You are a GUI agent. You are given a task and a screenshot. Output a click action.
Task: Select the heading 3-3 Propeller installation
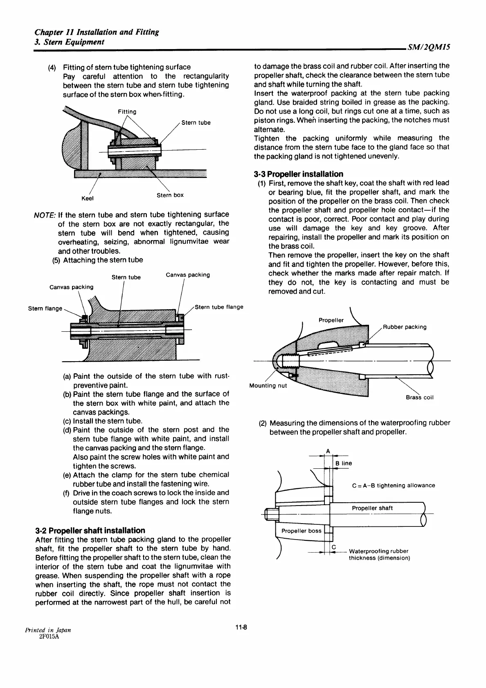[x=298, y=174]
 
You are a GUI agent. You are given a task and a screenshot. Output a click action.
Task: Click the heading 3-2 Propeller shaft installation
[x=90, y=531]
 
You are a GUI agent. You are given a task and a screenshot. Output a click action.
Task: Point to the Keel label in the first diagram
[x=88, y=198]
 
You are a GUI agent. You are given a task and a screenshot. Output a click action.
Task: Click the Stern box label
[x=170, y=195]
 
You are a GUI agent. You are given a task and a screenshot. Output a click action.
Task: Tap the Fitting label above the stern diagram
[x=127, y=112]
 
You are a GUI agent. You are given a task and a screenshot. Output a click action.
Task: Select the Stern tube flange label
[x=219, y=307]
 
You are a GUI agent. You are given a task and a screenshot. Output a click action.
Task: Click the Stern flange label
[x=45, y=308]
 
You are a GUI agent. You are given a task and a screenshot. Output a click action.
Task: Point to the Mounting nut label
[x=268, y=386]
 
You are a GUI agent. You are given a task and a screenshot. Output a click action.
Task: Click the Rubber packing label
[x=405, y=327]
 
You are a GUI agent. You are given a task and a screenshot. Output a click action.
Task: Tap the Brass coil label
[x=419, y=397]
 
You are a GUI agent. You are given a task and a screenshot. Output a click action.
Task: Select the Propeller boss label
[x=301, y=531]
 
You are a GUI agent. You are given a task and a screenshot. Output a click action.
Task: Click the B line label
[x=344, y=463]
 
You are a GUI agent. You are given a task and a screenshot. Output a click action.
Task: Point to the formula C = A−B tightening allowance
[x=393, y=486]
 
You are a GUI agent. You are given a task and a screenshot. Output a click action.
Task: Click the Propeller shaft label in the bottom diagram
[x=372, y=508]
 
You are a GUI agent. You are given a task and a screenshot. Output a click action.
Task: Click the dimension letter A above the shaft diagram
[x=328, y=451]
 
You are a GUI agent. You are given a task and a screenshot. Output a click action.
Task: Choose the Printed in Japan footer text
[x=48, y=630]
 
